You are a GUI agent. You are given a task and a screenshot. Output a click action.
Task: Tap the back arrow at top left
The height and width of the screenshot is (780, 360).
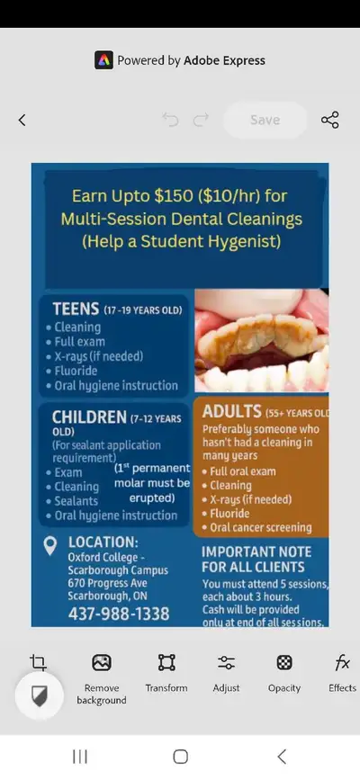[x=22, y=120]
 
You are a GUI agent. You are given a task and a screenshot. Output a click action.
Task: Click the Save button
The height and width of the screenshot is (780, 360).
[x=265, y=120]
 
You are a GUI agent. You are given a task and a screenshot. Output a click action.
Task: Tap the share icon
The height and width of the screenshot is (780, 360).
[x=330, y=120]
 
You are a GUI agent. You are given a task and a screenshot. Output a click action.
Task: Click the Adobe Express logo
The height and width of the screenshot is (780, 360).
[x=103, y=60]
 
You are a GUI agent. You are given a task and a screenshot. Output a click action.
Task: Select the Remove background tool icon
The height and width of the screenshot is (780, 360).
[x=102, y=663]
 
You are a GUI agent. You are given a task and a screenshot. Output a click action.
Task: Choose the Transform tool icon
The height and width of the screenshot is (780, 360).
[x=166, y=663]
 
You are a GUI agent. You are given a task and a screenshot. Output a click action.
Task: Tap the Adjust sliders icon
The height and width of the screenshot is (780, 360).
[x=226, y=663]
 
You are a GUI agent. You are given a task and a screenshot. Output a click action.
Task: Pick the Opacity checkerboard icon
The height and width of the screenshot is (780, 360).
[x=284, y=663]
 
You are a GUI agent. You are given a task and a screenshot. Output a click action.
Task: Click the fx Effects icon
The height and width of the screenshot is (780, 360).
[x=342, y=663]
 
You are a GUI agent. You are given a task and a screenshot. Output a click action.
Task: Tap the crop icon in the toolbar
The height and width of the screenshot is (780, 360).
[x=38, y=663]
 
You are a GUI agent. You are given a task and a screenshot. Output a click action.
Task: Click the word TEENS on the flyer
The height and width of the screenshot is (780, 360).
[x=76, y=309]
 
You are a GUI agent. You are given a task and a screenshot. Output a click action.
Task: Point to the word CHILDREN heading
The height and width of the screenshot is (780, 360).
[x=89, y=417]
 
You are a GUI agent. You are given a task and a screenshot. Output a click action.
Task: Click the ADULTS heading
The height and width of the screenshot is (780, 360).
[x=232, y=412]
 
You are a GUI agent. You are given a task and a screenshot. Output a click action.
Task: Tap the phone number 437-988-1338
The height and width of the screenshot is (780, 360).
[x=119, y=614]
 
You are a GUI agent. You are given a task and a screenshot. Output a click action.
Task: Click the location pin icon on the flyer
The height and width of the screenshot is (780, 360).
[x=51, y=545]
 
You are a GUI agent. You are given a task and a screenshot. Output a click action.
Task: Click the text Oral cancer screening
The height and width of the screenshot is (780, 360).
[x=260, y=528]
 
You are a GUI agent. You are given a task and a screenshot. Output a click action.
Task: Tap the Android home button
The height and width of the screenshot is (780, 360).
[x=180, y=757]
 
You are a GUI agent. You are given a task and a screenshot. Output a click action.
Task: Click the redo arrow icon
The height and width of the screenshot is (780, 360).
[x=202, y=120]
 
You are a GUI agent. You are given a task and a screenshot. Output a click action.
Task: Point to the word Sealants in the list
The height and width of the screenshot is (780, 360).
[x=76, y=501]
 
